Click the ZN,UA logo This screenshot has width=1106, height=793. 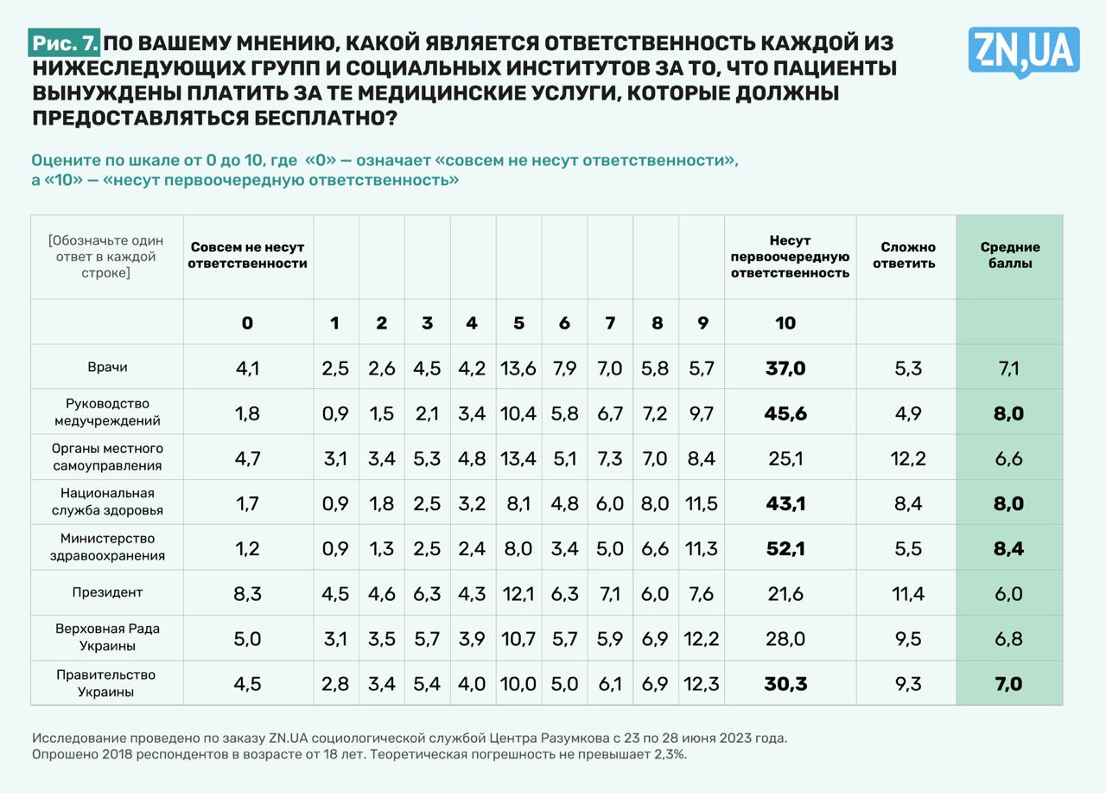[1024, 50]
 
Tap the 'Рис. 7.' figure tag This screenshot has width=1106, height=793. [66, 42]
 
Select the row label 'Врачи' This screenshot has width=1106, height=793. [107, 368]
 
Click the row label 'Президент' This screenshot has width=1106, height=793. [107, 592]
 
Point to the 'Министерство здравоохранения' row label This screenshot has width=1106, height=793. [107, 547]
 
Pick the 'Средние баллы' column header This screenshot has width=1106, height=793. [1009, 256]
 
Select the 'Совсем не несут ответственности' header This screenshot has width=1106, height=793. [248, 256]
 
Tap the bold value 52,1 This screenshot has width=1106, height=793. [785, 548]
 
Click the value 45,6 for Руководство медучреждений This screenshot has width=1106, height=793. [785, 414]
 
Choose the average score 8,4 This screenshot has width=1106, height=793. [1008, 548]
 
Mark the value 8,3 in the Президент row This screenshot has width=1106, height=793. [247, 593]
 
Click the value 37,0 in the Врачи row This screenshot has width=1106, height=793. [785, 369]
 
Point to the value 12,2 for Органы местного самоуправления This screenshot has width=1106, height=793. [908, 459]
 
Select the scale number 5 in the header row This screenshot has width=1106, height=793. [518, 323]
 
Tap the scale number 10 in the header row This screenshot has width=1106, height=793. [785, 323]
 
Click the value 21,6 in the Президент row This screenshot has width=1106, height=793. [785, 593]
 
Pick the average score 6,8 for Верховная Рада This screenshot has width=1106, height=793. [1008, 638]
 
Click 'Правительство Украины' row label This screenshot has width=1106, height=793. [107, 683]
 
